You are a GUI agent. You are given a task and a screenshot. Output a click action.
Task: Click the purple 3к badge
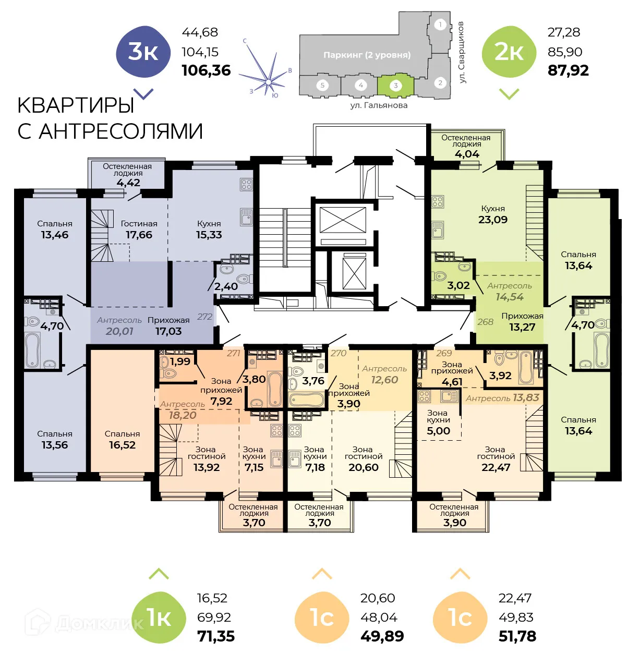click(143, 52)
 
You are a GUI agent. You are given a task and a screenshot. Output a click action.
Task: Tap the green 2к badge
click(509, 52)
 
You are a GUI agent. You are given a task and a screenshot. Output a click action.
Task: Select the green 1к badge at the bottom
click(159, 618)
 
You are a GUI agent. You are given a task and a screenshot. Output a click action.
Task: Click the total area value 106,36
click(206, 70)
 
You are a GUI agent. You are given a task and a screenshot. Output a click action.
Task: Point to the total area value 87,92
click(568, 70)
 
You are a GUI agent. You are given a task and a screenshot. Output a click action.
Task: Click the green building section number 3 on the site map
click(395, 86)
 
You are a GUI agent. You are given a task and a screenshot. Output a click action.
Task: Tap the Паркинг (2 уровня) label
click(367, 55)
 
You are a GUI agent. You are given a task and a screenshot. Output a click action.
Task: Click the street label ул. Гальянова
click(379, 105)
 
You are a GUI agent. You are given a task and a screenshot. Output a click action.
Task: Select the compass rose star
click(268, 81)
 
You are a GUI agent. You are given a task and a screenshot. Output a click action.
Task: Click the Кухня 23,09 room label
click(493, 214)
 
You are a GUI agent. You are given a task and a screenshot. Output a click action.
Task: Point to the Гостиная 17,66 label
click(139, 229)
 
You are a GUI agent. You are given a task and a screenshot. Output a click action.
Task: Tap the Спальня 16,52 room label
click(122, 440)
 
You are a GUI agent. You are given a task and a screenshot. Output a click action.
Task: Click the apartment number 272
click(204, 317)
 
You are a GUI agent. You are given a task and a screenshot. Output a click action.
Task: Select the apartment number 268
click(485, 322)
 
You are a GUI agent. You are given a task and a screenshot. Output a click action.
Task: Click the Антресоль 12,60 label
click(384, 374)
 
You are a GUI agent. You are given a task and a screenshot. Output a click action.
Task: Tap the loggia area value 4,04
click(466, 154)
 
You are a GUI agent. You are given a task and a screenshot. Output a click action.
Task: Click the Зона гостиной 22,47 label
click(495, 458)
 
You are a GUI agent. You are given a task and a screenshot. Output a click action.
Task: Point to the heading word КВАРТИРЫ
click(76, 105)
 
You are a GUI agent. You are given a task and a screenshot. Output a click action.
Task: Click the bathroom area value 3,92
click(500, 376)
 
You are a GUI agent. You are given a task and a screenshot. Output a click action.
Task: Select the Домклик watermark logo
click(83, 622)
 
